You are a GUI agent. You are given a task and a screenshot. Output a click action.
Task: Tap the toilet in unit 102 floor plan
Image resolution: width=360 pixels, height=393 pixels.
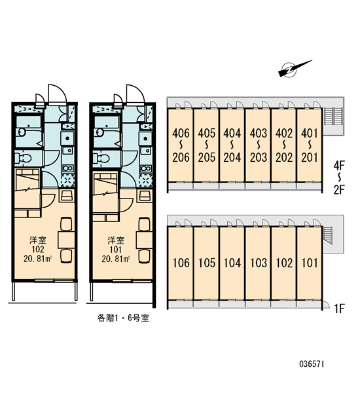[x=23, y=158]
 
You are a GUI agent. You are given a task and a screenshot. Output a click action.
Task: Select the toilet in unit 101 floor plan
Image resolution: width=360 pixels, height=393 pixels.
[x=101, y=158]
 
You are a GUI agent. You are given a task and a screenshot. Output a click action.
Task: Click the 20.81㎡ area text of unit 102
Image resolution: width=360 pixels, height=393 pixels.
[x=37, y=259]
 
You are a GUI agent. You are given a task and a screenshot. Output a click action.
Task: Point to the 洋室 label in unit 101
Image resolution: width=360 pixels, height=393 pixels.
[x=116, y=240]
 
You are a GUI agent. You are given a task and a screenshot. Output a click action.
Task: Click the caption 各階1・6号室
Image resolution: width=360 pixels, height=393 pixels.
[x=123, y=318]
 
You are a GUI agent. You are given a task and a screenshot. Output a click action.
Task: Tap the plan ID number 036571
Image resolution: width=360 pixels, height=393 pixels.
[x=312, y=364]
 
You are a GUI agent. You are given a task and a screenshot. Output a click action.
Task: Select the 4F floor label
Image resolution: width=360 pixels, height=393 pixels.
[x=339, y=166]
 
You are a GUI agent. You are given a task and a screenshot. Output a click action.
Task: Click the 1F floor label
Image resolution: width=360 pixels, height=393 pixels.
[x=340, y=309]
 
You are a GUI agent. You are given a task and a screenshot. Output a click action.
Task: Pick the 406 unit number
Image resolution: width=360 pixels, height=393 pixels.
[x=181, y=133]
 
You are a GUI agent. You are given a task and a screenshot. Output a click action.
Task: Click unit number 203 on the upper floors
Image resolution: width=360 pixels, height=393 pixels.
[x=259, y=157]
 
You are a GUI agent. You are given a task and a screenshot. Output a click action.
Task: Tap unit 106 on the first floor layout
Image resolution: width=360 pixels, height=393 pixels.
[x=181, y=263]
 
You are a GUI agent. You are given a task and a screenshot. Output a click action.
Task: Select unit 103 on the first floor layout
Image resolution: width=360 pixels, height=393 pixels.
[x=259, y=263]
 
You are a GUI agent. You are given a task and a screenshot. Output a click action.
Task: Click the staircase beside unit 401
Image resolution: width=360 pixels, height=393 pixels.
[x=333, y=116]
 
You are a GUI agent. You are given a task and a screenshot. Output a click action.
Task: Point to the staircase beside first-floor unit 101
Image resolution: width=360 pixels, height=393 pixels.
[x=327, y=234]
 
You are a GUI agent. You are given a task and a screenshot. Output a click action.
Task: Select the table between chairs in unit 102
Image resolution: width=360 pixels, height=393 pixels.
[x=66, y=240]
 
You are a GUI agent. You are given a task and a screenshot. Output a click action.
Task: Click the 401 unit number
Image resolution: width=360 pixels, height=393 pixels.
[x=310, y=133]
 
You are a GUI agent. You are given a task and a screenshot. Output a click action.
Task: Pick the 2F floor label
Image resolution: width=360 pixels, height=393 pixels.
[x=339, y=190]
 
